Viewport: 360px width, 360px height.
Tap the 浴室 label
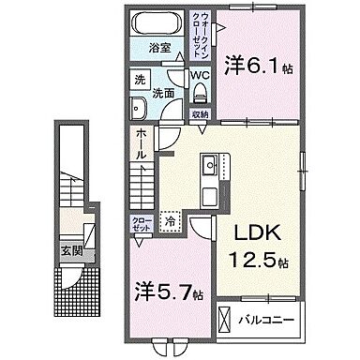[157, 46]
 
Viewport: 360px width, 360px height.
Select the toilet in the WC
[199, 91]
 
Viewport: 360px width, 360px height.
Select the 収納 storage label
[202, 115]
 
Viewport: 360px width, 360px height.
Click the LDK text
[247, 232]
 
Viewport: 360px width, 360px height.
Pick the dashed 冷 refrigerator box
[171, 221]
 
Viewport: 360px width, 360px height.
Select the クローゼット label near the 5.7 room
[139, 226]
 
